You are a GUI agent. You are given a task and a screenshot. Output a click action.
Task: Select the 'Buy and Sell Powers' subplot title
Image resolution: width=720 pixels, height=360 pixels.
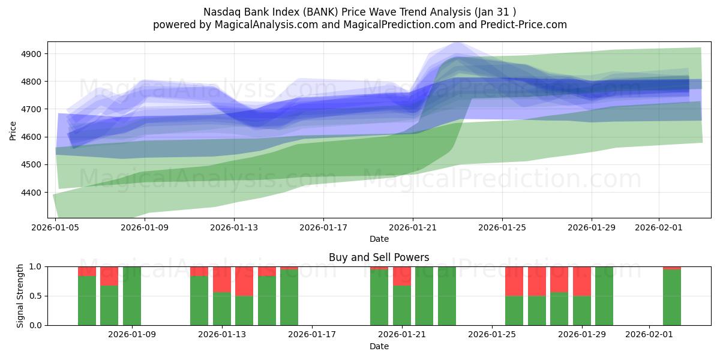tap(379, 257)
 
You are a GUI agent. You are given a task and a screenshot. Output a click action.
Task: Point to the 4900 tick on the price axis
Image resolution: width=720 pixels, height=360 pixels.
tap(32, 54)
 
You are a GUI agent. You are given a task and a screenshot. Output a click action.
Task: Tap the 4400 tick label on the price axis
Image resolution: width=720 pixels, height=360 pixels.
tap(32, 193)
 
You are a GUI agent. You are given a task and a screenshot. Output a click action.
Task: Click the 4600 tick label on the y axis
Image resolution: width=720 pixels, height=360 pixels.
tap(32, 137)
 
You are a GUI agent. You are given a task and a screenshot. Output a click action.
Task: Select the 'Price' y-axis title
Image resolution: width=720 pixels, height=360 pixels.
tap(13, 130)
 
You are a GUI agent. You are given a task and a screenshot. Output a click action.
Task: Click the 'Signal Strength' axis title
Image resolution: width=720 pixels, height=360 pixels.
tap(20, 296)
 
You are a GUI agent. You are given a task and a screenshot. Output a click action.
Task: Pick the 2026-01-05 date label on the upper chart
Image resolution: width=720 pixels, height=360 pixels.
tap(56, 227)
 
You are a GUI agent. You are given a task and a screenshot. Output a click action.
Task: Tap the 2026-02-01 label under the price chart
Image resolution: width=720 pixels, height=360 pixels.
tap(659, 227)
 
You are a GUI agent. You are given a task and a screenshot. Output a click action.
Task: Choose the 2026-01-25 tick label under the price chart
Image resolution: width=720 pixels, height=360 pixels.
tap(502, 227)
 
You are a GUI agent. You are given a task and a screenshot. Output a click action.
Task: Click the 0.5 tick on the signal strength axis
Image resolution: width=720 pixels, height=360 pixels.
tap(35, 296)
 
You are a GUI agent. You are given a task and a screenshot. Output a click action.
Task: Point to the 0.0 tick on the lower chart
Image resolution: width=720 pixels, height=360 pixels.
tap(35, 325)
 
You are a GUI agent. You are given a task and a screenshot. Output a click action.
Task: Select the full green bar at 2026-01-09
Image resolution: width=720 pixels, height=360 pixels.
tap(132, 296)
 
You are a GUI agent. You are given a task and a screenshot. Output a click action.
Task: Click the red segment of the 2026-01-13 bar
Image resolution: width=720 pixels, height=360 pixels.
tap(222, 279)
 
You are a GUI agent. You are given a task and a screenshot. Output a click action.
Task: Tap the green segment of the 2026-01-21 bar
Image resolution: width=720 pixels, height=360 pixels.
tap(402, 305)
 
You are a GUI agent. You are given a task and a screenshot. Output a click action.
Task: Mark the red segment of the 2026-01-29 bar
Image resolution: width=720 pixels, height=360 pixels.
tap(582, 281)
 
